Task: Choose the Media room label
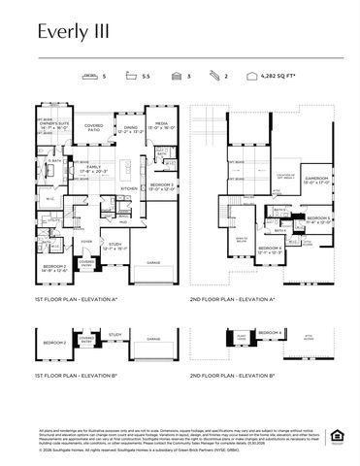[160, 126]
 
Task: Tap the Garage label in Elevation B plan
[152, 339]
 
